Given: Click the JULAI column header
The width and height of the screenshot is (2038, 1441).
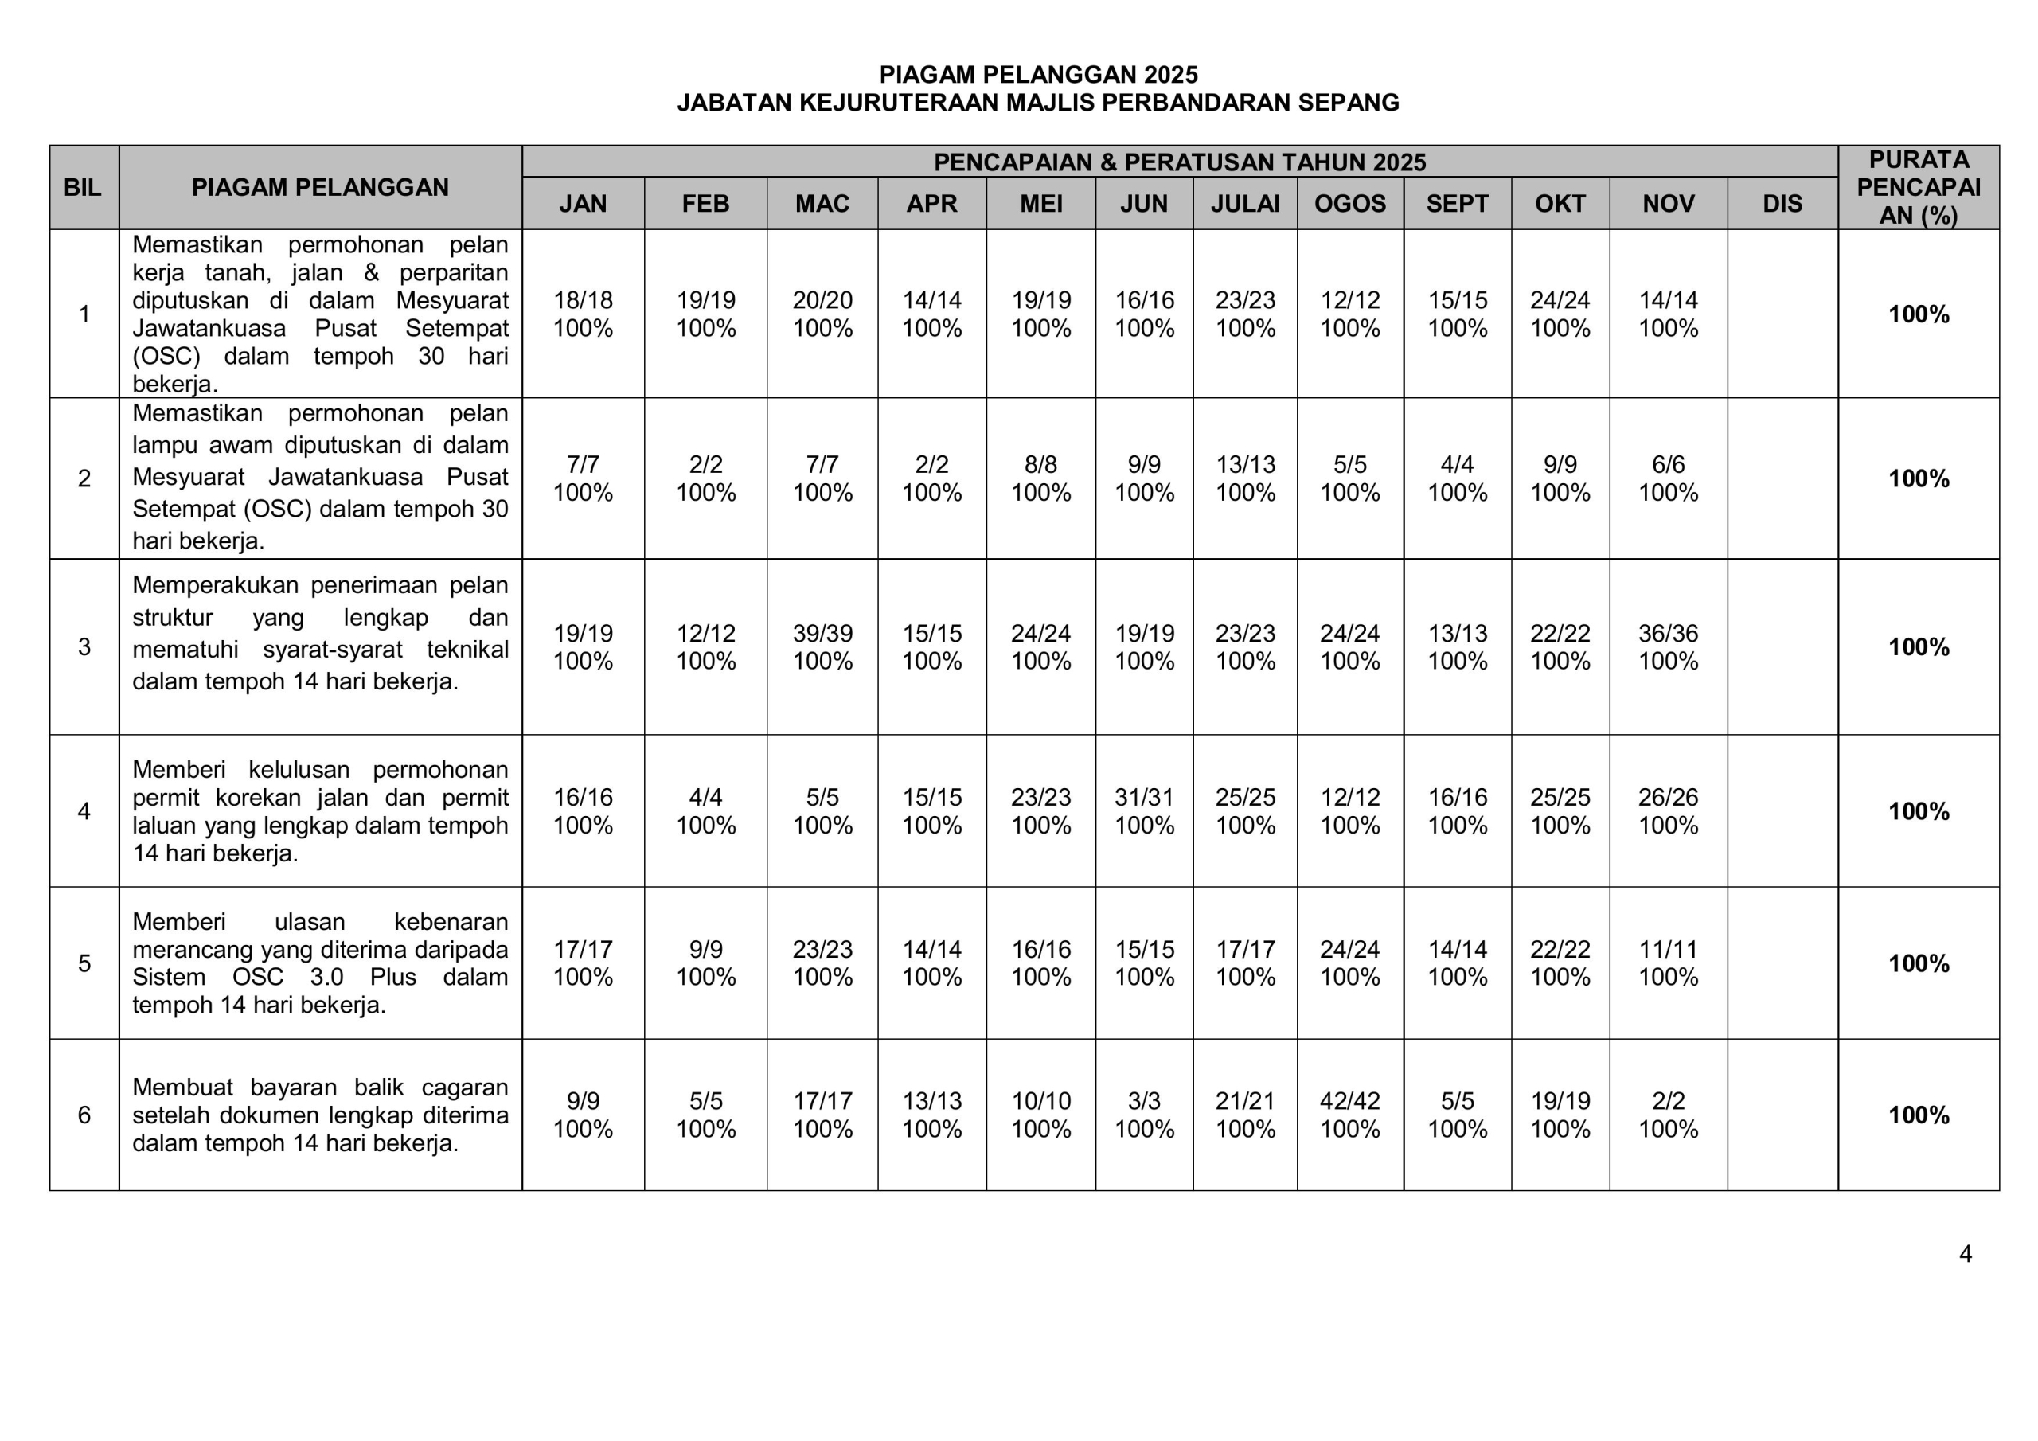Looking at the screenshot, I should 1244,203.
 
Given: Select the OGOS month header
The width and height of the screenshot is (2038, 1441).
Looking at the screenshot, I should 1349,203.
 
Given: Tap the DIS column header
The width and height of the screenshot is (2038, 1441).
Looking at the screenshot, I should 1782,203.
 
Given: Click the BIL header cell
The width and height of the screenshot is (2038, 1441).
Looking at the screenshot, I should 84,187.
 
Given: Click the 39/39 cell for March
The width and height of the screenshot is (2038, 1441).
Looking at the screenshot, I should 822,633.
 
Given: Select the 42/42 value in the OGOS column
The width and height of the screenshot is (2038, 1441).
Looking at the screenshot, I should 1349,1101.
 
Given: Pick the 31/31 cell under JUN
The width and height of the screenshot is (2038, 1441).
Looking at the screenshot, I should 1143,797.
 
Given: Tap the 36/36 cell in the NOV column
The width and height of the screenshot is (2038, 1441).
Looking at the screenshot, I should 1668,633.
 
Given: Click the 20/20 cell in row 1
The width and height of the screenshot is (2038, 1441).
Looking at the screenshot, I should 822,300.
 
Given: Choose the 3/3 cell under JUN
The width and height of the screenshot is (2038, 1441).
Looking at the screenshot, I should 1143,1101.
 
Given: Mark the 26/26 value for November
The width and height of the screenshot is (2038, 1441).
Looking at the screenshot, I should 1668,797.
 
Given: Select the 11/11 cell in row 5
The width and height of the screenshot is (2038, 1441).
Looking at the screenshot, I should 1668,949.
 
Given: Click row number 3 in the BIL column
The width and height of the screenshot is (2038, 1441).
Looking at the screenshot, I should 84,646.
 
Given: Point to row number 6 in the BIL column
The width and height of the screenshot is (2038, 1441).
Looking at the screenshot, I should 84,1115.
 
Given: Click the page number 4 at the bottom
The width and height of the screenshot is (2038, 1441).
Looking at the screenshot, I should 1966,1253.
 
